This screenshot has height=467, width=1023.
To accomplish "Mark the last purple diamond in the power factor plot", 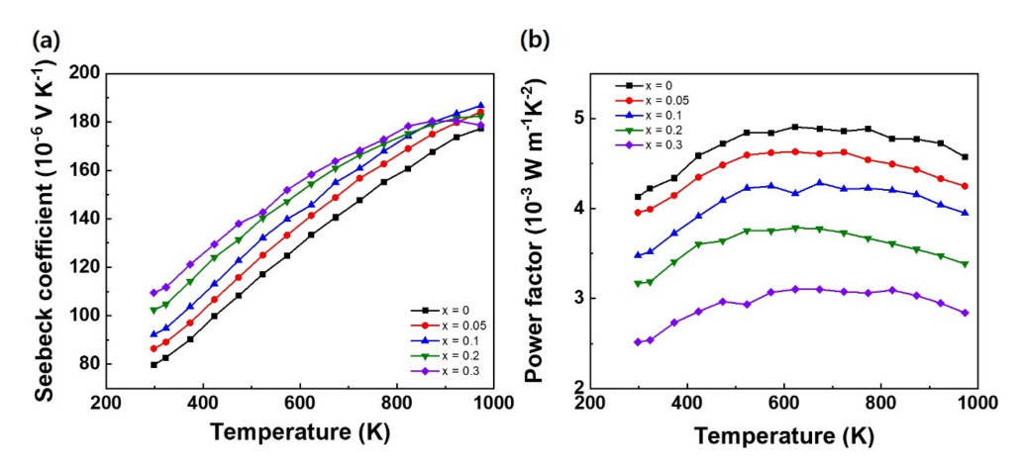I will [x=965, y=313].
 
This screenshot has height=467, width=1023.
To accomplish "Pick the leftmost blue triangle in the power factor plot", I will [x=639, y=255].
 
